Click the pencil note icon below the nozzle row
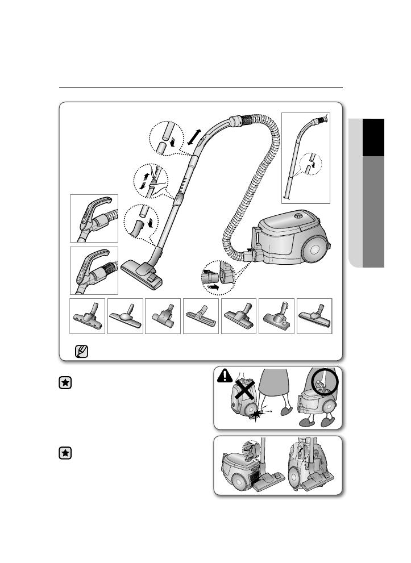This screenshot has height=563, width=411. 81,351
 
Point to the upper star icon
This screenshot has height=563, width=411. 66,383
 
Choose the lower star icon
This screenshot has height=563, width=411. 66,453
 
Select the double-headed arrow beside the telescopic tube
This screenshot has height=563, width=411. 194,137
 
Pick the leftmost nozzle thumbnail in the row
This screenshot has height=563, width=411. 87,316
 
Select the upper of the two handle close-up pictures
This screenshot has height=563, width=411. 94,218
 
